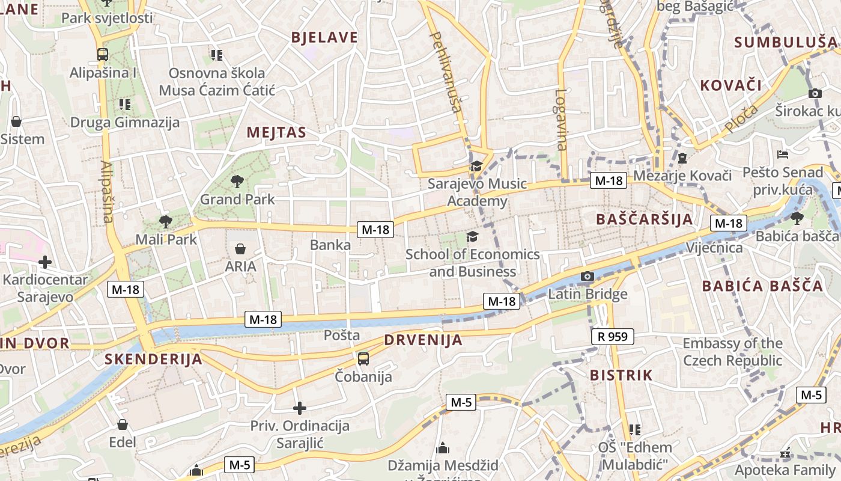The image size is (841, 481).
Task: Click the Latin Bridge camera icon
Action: point(587,277)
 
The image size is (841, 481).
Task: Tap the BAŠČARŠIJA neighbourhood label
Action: point(645,219)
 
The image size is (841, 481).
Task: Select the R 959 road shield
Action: point(612,337)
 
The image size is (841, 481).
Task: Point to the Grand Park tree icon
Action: point(237,180)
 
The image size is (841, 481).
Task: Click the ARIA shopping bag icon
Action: point(240,248)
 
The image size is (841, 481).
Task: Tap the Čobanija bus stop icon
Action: point(363,359)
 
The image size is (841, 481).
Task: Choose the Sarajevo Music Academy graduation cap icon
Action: point(476,166)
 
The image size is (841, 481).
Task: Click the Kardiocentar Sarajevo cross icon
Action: point(44,262)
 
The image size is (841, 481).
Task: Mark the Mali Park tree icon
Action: point(165,221)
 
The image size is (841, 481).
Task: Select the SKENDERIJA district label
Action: point(153,360)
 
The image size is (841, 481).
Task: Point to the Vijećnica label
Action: point(714,248)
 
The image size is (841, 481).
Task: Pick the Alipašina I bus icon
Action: point(102,55)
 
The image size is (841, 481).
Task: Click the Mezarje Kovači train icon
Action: point(682,158)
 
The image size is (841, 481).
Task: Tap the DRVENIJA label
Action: point(424,340)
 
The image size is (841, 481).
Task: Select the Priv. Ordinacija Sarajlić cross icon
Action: point(299,409)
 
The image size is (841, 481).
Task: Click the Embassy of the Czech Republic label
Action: point(732,352)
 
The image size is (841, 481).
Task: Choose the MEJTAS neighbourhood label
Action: point(276,132)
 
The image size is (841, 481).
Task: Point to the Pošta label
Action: point(342,335)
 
